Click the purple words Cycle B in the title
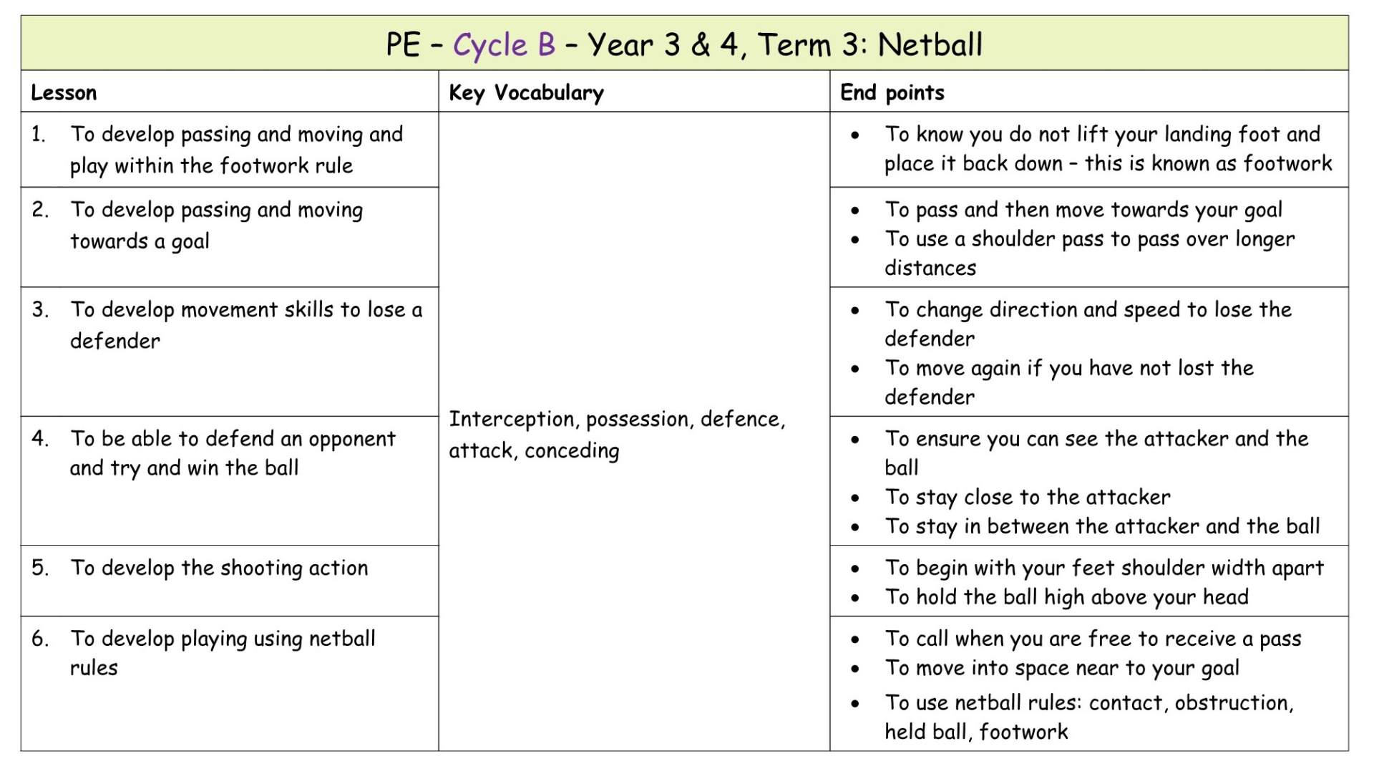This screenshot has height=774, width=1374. (x=504, y=45)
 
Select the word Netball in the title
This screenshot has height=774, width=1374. (x=930, y=45)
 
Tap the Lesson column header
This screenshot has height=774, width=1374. (x=64, y=92)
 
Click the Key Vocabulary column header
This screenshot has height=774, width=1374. (x=526, y=93)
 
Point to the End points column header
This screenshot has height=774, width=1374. (x=892, y=92)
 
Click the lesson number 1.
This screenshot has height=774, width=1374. (x=38, y=135)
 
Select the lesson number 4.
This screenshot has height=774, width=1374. (x=40, y=438)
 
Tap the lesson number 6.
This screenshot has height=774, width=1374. (x=40, y=638)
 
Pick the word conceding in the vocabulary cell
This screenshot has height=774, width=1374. (x=572, y=451)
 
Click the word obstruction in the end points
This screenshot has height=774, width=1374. (x=1233, y=703)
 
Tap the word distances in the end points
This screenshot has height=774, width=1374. (x=930, y=268)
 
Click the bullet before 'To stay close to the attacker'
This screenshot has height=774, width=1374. (x=855, y=498)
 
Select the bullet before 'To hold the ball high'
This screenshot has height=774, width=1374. (x=855, y=598)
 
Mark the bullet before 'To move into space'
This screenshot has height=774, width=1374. (x=855, y=669)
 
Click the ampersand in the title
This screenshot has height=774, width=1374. (x=700, y=45)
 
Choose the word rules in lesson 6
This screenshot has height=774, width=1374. (x=94, y=668)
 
